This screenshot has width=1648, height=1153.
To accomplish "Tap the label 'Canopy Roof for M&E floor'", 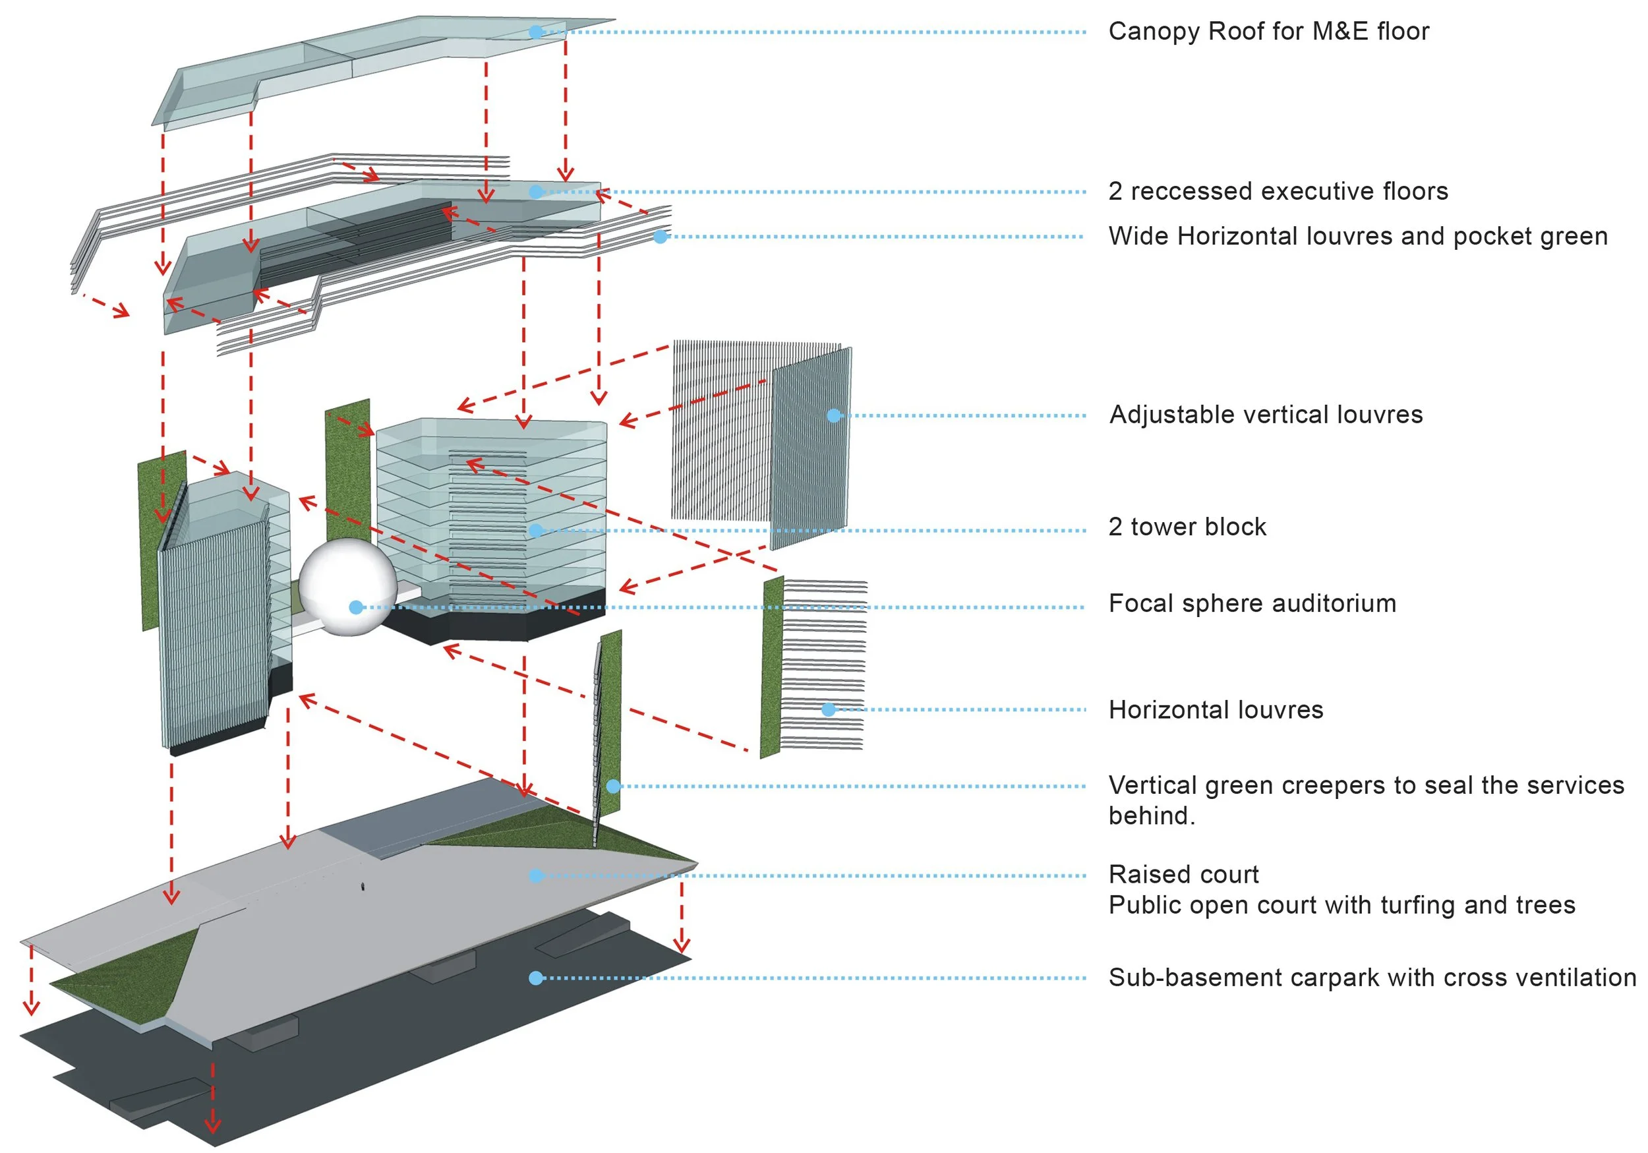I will (x=1268, y=32).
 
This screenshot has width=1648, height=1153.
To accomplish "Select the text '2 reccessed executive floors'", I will (x=1278, y=192).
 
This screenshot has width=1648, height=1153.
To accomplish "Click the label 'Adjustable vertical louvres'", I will (x=1266, y=415).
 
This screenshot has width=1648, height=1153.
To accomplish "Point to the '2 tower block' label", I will (x=1187, y=527).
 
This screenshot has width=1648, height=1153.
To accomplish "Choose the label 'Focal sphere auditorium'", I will (x=1252, y=604).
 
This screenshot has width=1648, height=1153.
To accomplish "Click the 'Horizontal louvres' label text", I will (x=1215, y=710).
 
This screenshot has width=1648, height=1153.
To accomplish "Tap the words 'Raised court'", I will (x=1184, y=874).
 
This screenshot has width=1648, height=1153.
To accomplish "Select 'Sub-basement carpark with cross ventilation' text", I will (x=1372, y=978).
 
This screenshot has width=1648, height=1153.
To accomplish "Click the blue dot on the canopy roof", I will (x=535, y=32).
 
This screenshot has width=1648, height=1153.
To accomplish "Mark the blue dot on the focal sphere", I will (x=355, y=607).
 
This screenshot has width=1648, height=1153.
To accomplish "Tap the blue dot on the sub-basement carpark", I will (x=535, y=978).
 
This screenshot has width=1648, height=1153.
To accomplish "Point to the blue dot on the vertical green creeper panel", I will (x=613, y=786).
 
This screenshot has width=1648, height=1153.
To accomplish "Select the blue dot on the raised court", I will (x=535, y=876).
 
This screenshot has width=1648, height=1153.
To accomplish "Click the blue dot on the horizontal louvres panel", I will (x=829, y=710).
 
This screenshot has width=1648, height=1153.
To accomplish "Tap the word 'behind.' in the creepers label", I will (x=1152, y=816).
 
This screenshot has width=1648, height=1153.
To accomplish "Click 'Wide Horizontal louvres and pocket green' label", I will (x=1357, y=236).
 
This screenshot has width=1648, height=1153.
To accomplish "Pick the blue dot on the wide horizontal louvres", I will (x=661, y=236).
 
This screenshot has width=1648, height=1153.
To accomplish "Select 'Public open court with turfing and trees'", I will (x=1341, y=905).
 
